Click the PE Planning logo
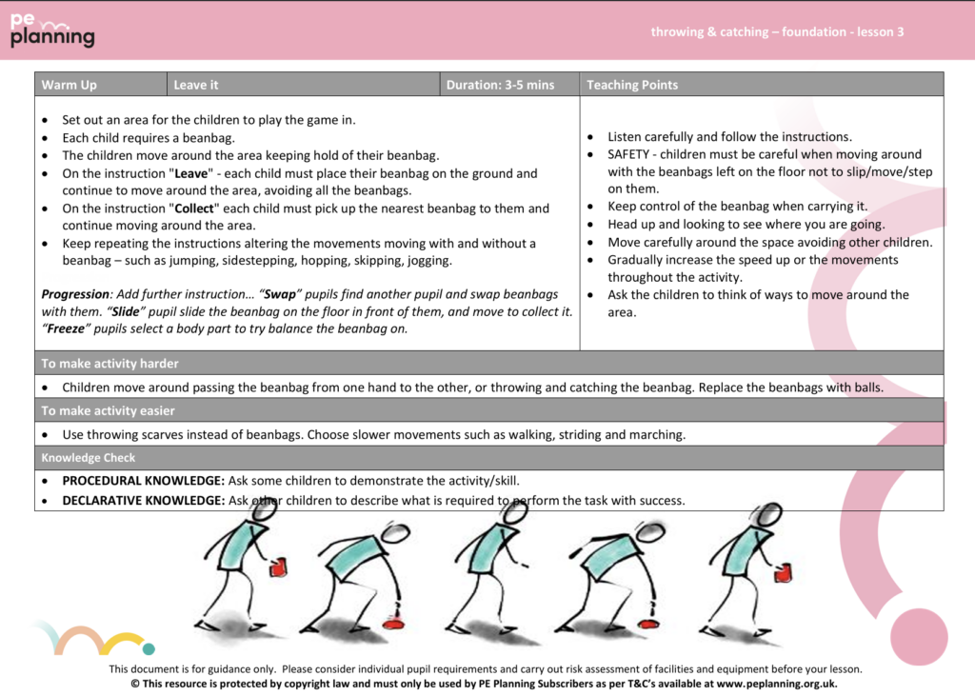pyautogui.click(x=52, y=31)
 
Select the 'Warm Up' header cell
pyautogui.click(x=70, y=85)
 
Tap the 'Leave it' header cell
pyautogui.click(x=196, y=85)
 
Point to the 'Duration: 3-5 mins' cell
pyautogui.click(x=500, y=85)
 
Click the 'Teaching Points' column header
pyautogui.click(x=632, y=85)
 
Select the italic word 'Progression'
pyautogui.click(x=77, y=294)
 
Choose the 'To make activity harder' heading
pyautogui.click(x=109, y=363)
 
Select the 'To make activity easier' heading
pyautogui.click(x=108, y=410)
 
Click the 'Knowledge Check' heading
pyautogui.click(x=88, y=458)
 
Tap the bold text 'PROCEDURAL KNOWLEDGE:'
pyautogui.click(x=144, y=480)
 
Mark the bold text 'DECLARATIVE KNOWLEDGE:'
pyautogui.click(x=144, y=500)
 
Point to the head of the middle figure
pyautogui.click(x=515, y=511)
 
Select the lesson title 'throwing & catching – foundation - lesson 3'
pyautogui.click(x=777, y=31)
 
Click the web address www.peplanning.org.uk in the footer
pyautogui.click(x=776, y=683)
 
